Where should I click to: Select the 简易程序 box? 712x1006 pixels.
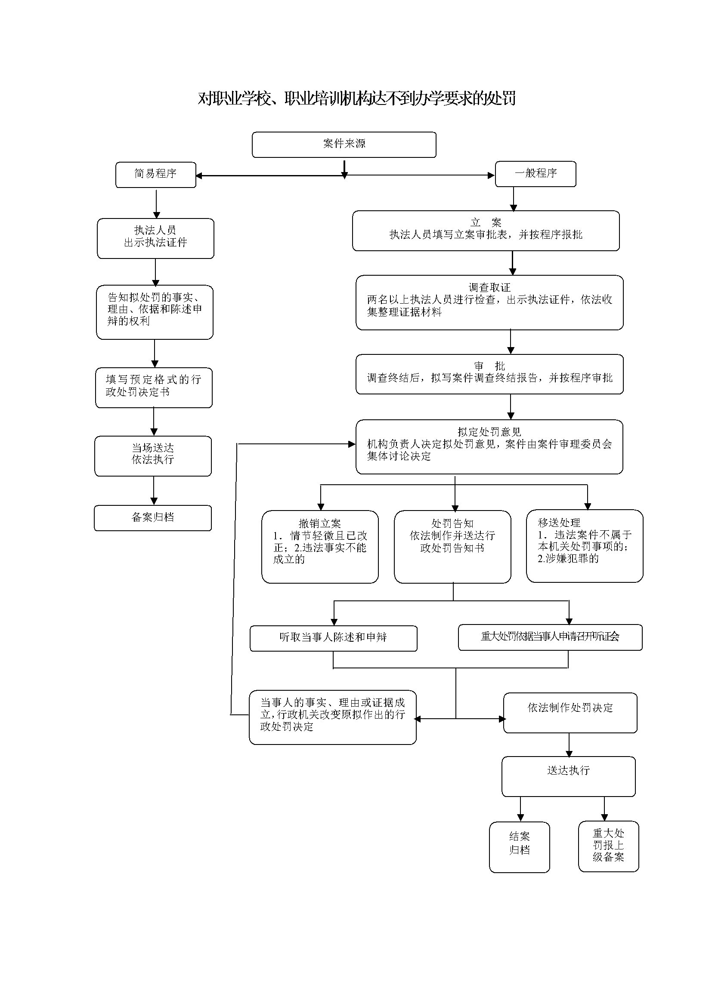point(156,174)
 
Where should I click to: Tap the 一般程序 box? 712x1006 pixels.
point(536,173)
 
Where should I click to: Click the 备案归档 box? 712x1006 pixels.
point(152,518)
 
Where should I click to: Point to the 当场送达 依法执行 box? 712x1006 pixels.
point(152,455)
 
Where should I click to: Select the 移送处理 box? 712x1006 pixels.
point(585,545)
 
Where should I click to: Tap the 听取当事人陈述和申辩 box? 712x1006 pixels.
point(333,638)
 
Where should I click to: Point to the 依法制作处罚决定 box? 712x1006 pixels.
point(570,712)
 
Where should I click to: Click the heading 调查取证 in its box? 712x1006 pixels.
point(489,287)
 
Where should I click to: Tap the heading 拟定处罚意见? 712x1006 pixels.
point(489,432)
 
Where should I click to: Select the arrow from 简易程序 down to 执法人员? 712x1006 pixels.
point(156,203)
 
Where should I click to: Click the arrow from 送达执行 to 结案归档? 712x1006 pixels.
point(520,809)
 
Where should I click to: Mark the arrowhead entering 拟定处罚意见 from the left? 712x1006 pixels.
point(352,444)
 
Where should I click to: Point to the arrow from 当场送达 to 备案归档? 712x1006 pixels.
point(153,491)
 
